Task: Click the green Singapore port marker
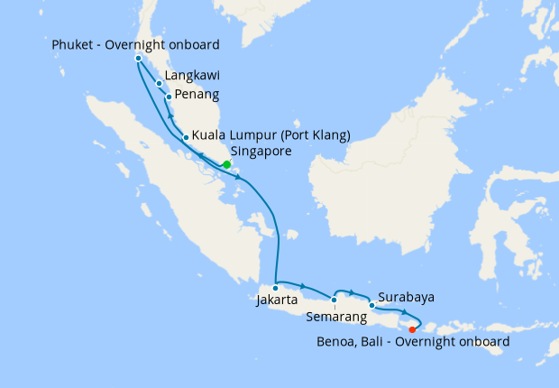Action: coord(226,164)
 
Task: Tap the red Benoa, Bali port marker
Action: coord(412,328)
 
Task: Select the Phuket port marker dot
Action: coord(138,59)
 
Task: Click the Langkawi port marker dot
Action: coord(160,84)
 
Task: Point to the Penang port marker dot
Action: coord(169,97)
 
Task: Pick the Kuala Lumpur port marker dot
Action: coord(186,137)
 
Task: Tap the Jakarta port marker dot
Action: coord(276,288)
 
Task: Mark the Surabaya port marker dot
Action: coord(371,305)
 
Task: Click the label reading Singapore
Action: coord(261,152)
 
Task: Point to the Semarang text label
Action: coord(336,317)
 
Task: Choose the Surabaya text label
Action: coord(407,296)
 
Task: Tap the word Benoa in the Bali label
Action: coord(337,342)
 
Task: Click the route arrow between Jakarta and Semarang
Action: coord(302,285)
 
